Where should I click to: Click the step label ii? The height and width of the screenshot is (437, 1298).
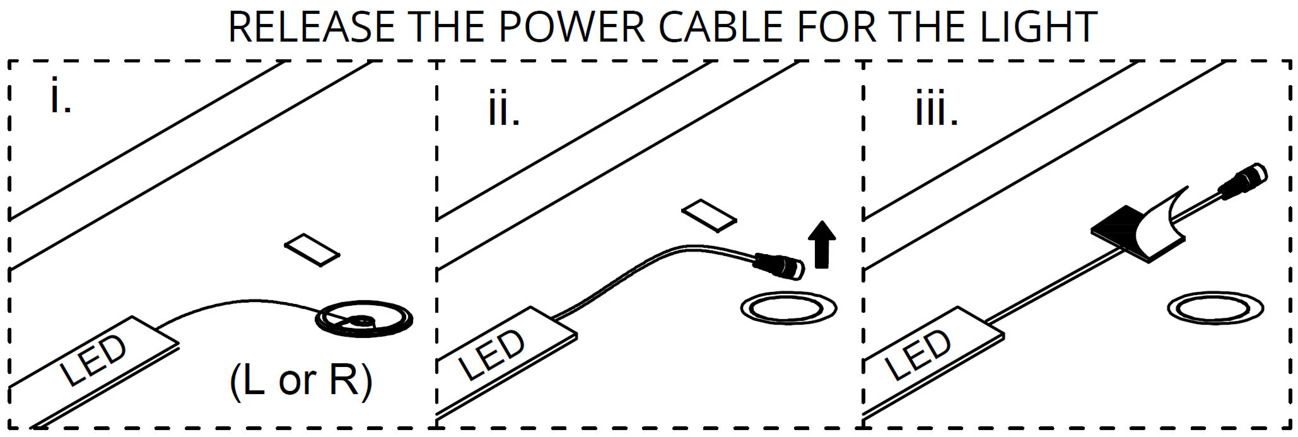tap(504, 109)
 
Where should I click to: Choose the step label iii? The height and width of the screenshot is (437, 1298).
tap(936, 109)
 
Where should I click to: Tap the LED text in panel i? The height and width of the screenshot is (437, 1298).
tap(93, 360)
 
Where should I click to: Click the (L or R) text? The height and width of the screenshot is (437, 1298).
tap(301, 381)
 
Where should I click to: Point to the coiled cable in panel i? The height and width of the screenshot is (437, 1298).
tap(364, 320)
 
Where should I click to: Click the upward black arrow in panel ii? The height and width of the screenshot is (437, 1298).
tap(821, 244)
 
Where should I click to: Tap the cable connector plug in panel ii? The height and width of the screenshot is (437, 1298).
tap(780, 265)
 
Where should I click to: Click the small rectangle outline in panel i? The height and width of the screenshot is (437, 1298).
tap(312, 249)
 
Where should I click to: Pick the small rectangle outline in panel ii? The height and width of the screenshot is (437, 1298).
tap(709, 216)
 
